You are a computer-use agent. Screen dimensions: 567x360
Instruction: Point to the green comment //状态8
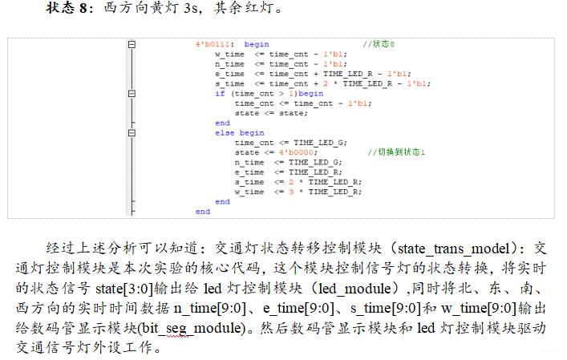click(379, 45)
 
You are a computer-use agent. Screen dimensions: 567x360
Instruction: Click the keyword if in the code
click(220, 93)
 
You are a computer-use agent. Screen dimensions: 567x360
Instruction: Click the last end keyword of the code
click(202, 212)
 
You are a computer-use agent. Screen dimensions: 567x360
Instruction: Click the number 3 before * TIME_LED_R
click(291, 192)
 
